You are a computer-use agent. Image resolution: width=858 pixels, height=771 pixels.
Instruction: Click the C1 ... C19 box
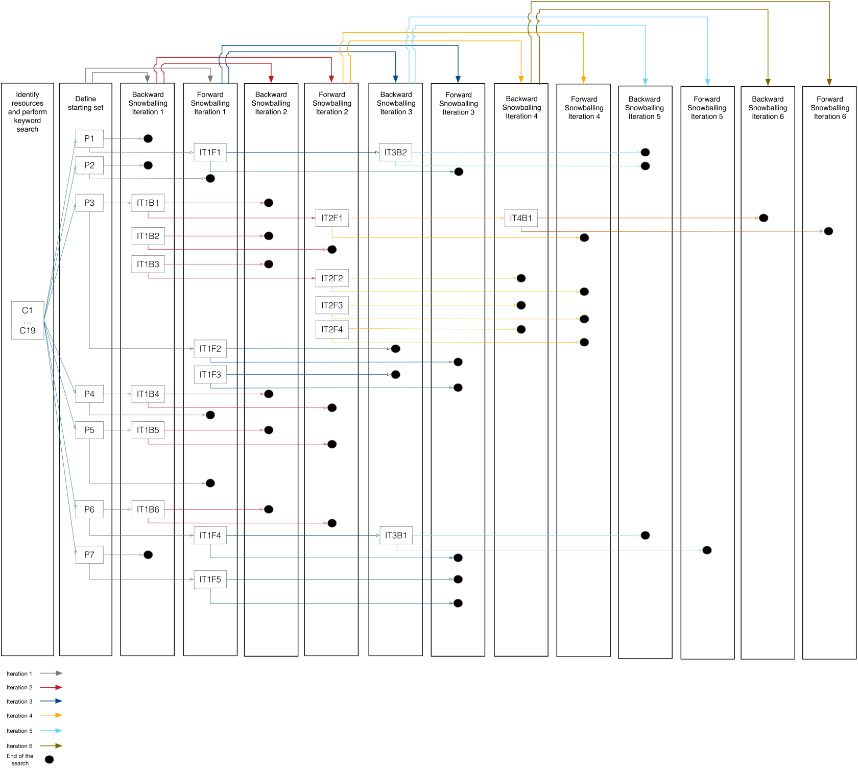pyautogui.click(x=28, y=320)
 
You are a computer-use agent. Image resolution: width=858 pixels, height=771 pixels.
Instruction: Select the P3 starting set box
pyautogui.click(x=89, y=203)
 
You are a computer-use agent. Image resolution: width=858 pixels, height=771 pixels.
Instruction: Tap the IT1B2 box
pyautogui.click(x=148, y=236)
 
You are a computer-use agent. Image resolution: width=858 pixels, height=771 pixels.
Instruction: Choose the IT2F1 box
pyautogui.click(x=332, y=218)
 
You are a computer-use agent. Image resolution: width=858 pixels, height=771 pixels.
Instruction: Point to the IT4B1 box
pyautogui.click(x=521, y=218)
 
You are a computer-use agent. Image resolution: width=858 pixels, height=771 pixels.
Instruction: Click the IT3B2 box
pyautogui.click(x=396, y=152)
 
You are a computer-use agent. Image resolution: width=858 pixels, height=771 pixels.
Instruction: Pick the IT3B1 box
pyautogui.click(x=396, y=535)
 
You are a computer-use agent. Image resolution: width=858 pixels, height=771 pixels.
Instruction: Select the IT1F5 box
pyautogui.click(x=210, y=579)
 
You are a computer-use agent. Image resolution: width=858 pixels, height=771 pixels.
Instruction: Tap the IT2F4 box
pyautogui.click(x=332, y=329)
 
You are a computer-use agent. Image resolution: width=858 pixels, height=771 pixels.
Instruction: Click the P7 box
pyautogui.click(x=89, y=555)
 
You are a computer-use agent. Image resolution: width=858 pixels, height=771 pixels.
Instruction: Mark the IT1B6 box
pyautogui.click(x=148, y=509)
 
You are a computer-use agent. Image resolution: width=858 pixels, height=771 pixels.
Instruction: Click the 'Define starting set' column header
pyautogui.click(x=86, y=103)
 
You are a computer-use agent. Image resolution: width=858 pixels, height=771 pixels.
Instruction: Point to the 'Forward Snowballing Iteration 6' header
pyautogui.click(x=830, y=108)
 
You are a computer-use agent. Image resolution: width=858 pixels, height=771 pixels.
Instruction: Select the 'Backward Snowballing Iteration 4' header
pyautogui.click(x=521, y=107)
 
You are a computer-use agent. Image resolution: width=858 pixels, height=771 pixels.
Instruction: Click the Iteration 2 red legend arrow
pyautogui.click(x=51, y=687)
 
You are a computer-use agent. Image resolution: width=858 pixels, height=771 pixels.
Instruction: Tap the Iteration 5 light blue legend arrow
pyautogui.click(x=51, y=731)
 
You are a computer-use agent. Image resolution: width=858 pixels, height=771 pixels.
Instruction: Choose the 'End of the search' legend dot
pyautogui.click(x=49, y=760)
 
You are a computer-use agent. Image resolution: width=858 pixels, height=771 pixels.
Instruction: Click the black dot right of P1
pyautogui.click(x=148, y=138)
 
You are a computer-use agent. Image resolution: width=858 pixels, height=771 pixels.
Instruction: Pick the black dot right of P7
pyautogui.click(x=148, y=555)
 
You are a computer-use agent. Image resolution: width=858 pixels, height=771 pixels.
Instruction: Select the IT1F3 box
pyautogui.click(x=210, y=374)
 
